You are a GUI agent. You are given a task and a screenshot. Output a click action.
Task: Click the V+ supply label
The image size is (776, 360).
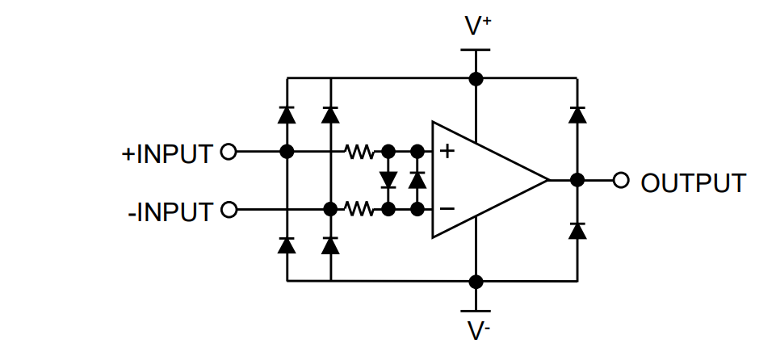[x=477, y=27]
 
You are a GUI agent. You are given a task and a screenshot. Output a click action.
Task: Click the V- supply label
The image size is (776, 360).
[x=477, y=332]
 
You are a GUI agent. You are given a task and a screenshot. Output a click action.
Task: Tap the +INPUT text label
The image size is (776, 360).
[x=167, y=153]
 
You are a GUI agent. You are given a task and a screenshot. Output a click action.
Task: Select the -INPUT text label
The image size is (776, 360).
[x=170, y=211]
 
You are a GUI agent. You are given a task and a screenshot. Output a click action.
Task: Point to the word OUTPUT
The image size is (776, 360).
[x=693, y=182]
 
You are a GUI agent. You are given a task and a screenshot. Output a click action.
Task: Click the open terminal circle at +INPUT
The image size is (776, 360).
[x=229, y=151]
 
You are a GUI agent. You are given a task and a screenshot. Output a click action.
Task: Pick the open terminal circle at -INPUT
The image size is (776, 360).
[x=229, y=210]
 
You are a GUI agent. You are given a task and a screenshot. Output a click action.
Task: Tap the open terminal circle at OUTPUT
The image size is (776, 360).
[x=620, y=180]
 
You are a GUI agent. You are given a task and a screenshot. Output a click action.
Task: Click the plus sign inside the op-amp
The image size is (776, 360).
[x=446, y=151]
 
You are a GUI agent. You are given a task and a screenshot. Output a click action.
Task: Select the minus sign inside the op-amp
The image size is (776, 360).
[x=446, y=209]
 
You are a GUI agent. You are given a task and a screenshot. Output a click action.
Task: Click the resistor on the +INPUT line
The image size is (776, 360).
[x=359, y=151]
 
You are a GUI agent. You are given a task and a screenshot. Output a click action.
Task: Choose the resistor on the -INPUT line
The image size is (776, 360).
[x=359, y=210]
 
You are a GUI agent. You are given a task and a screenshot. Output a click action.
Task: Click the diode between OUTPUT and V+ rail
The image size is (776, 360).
[x=577, y=115]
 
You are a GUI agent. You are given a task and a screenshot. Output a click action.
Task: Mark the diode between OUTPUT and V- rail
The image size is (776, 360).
[x=577, y=230]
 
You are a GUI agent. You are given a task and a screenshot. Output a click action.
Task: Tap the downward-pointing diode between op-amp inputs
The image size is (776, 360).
[x=388, y=179]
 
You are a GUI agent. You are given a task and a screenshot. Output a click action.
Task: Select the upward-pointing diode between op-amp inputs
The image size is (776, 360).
[x=417, y=179]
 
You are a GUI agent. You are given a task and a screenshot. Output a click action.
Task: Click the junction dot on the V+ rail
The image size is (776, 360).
[x=476, y=78]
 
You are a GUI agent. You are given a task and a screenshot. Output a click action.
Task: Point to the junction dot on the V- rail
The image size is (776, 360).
[x=476, y=281]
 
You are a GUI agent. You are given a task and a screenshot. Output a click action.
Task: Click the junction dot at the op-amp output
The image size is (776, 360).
[x=577, y=180]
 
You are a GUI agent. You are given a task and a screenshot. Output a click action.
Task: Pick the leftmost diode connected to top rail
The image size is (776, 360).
[x=286, y=115]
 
